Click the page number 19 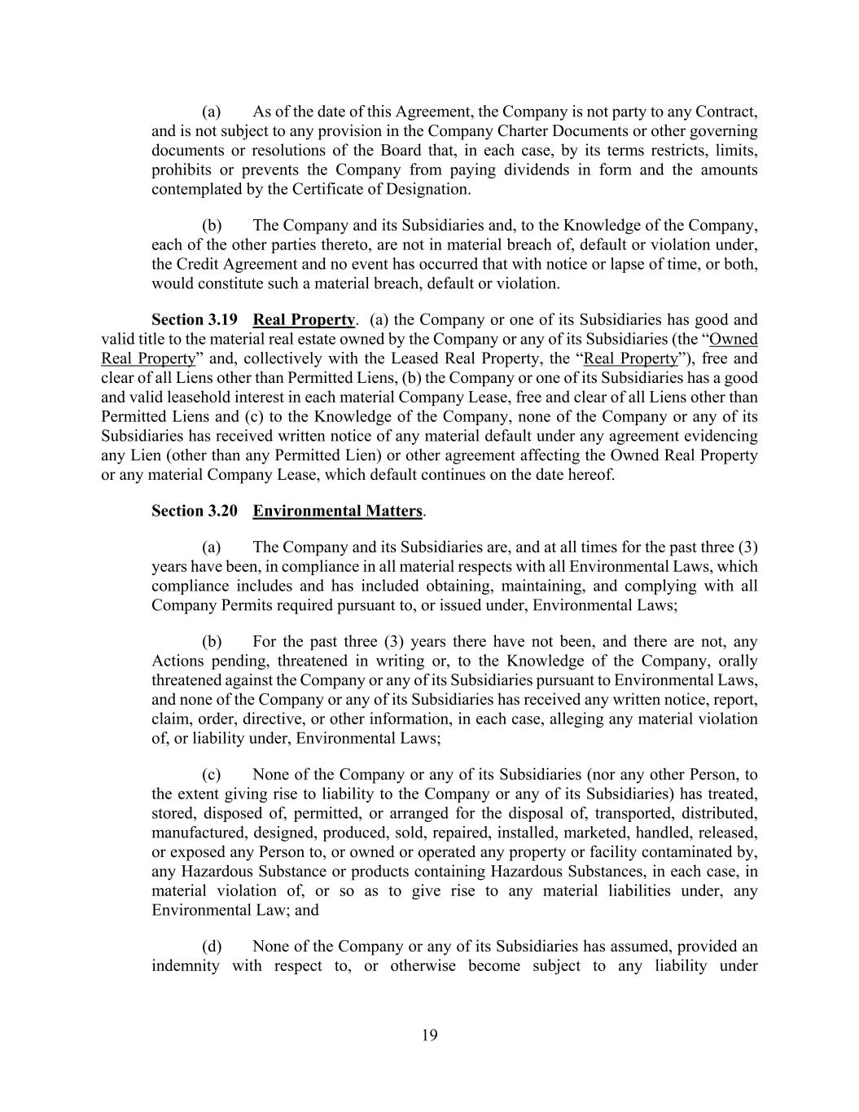(x=430, y=1035)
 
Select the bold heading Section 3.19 (x=195, y=319)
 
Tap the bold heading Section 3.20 (x=195, y=511)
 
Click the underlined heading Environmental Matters (x=338, y=511)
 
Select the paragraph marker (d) (x=212, y=947)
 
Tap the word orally (x=737, y=661)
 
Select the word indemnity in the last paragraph (x=186, y=966)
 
